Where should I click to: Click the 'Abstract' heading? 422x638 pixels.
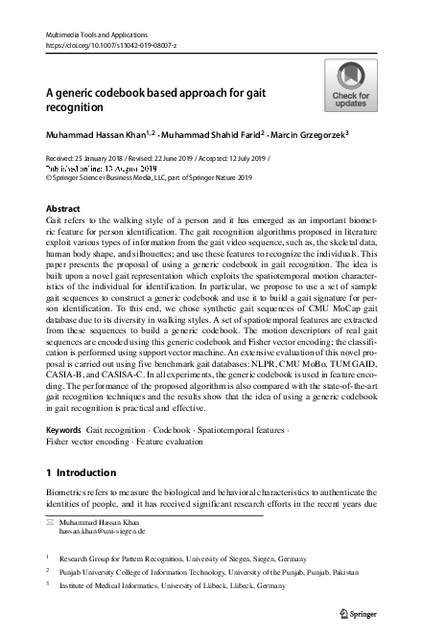(x=63, y=207)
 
